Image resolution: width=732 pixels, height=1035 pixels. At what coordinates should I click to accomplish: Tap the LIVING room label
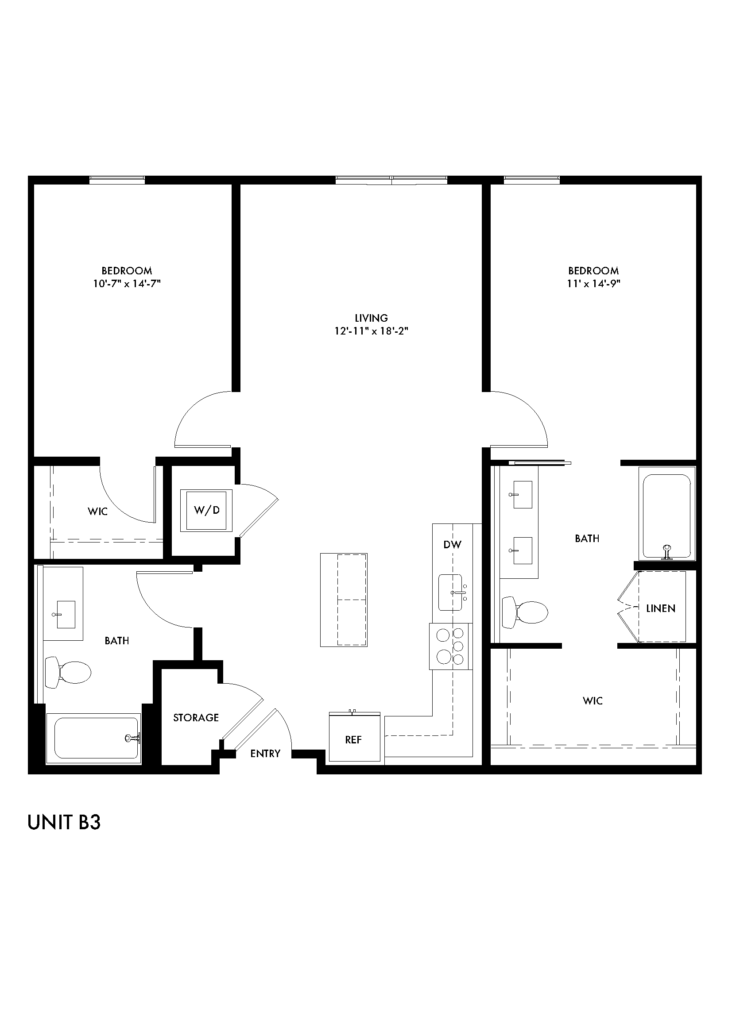click(371, 318)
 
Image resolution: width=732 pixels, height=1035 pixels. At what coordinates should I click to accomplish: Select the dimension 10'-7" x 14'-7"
click(127, 284)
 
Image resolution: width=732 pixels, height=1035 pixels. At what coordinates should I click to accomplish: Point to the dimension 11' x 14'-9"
click(593, 284)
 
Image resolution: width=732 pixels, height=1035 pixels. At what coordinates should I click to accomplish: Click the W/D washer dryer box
click(206, 510)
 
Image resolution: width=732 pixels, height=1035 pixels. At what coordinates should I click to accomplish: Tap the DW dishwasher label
click(452, 545)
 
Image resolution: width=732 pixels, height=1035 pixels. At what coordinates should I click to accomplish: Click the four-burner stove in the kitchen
click(450, 646)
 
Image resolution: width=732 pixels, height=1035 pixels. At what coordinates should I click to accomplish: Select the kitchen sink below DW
click(450, 593)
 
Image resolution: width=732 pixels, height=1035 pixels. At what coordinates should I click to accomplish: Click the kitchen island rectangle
click(344, 600)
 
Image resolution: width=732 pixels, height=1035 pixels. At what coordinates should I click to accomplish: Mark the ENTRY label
click(265, 754)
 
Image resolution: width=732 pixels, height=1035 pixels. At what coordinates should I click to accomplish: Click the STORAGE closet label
click(196, 718)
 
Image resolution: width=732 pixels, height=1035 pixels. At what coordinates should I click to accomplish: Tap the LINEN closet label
click(660, 608)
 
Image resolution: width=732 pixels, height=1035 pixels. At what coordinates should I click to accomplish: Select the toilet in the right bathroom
click(526, 612)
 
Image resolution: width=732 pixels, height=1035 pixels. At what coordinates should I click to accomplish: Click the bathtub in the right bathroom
click(667, 513)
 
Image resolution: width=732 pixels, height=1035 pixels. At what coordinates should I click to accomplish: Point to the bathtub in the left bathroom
click(96, 739)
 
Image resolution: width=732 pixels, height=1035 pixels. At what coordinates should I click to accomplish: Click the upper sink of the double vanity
click(522, 495)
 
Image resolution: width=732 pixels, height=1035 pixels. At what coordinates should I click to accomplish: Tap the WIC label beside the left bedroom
click(97, 512)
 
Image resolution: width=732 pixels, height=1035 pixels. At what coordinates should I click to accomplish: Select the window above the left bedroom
click(117, 180)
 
